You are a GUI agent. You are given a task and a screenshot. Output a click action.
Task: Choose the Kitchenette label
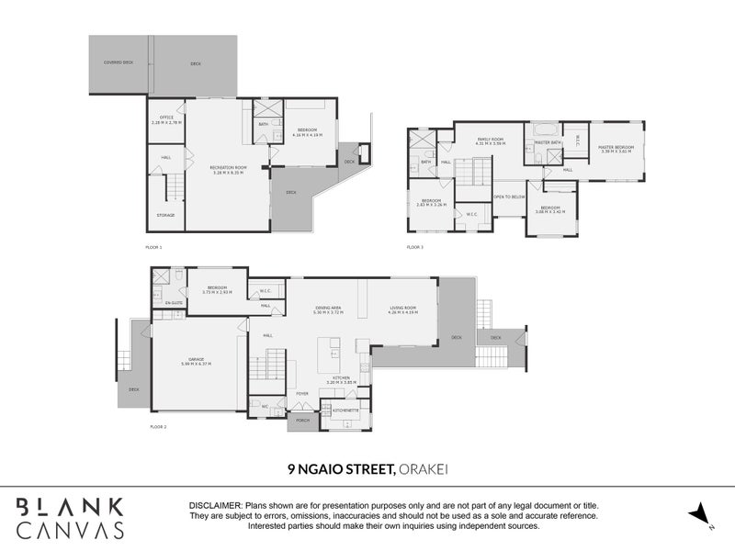click(x=345, y=410)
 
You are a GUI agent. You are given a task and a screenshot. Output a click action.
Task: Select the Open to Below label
click(x=509, y=197)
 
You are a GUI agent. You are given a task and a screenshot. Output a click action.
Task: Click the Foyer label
click(x=301, y=393)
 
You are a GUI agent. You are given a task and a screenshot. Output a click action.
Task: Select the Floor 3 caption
click(x=416, y=248)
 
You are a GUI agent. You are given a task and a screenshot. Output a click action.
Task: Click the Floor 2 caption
click(x=158, y=428)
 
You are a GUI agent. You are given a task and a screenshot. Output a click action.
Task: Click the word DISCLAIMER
click(x=214, y=506)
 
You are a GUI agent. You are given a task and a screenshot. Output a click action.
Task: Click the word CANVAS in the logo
click(x=71, y=529)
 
